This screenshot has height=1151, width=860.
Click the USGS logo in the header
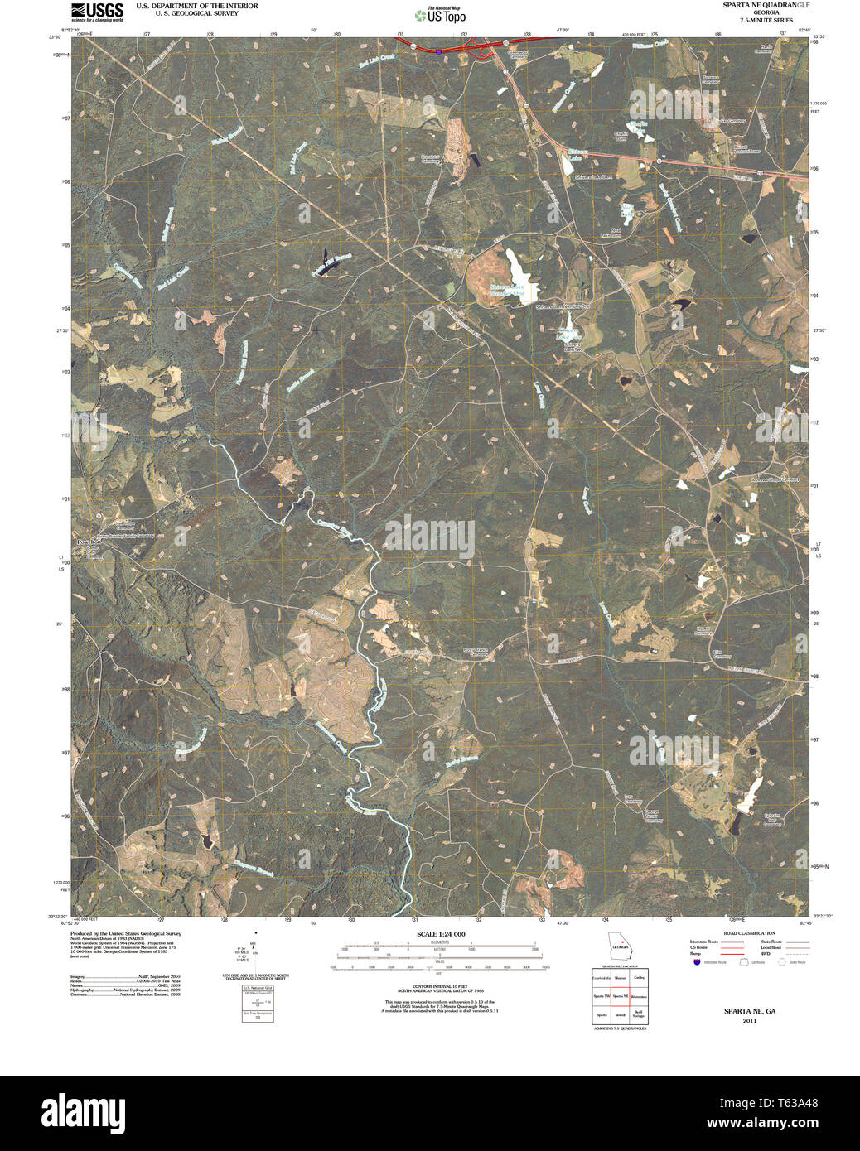coord(97,11)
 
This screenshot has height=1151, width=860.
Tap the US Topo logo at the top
coord(439,14)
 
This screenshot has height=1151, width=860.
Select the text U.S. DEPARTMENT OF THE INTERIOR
coord(196,6)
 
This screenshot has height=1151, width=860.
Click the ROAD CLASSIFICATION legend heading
coord(749,933)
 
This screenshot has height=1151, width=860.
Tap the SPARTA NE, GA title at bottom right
coord(749,1011)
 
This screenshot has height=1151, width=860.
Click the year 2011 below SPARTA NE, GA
coord(749,1020)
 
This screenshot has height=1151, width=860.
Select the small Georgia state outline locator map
coord(618,944)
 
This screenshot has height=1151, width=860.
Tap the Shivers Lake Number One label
coord(507,290)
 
